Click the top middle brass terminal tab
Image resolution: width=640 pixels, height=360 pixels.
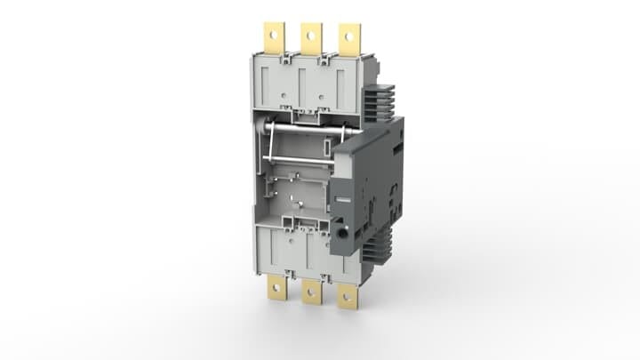[309, 36]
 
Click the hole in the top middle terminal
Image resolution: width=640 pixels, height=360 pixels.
[309, 34]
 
